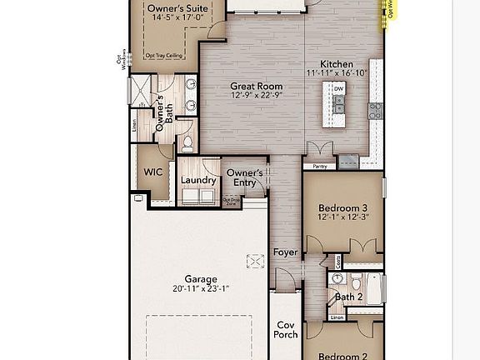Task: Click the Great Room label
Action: click(x=257, y=86)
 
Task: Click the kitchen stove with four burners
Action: click(x=375, y=107)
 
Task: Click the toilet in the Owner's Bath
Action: click(x=187, y=144)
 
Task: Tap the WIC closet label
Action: click(x=153, y=172)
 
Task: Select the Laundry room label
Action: click(x=198, y=179)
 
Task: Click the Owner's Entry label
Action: click(x=245, y=177)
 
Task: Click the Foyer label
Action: click(x=286, y=252)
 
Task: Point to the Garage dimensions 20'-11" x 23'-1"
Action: click(x=200, y=289)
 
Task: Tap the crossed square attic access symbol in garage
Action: click(x=257, y=262)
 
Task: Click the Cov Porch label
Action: click(x=286, y=330)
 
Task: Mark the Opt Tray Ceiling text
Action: click(x=163, y=56)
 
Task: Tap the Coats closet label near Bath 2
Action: click(x=337, y=262)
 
